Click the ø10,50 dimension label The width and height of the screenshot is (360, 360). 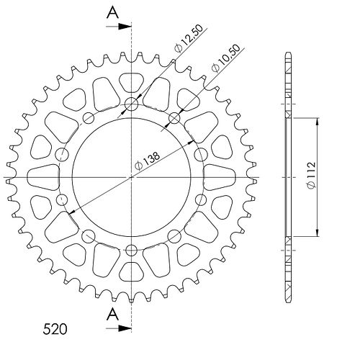click(225, 58)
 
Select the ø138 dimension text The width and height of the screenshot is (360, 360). click(147, 161)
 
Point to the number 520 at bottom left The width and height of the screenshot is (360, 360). click(55, 329)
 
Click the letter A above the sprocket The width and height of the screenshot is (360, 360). click(112, 12)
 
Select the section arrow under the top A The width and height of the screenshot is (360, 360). click(119, 27)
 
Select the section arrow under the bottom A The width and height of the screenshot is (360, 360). click(119, 328)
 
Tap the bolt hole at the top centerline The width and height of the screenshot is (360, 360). click(131, 104)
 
